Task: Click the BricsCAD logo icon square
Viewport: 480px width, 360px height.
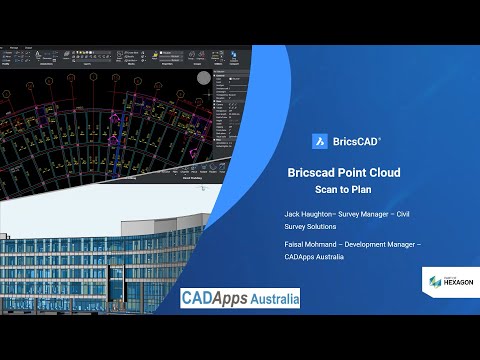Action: coord(321,142)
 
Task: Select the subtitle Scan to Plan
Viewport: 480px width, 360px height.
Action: coord(343,188)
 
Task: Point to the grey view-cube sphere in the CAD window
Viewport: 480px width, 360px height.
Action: coord(204,78)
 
